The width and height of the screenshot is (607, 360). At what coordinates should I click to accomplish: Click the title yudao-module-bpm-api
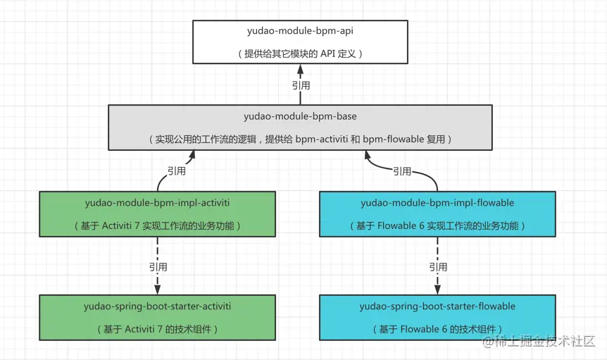300,32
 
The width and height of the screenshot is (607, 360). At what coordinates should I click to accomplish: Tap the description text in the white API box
300,54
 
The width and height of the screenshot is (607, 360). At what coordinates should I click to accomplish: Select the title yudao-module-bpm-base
300,116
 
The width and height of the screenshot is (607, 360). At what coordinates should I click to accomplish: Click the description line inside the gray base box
300,139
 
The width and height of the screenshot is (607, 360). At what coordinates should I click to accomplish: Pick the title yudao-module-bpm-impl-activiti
157,203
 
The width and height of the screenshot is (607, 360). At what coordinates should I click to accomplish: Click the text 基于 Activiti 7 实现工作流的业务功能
157,226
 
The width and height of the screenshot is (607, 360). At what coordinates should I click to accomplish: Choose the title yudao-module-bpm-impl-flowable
437,203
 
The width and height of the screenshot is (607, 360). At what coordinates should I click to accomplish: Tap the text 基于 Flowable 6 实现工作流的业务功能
437,226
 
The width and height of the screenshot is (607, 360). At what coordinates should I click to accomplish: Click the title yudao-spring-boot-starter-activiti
157,306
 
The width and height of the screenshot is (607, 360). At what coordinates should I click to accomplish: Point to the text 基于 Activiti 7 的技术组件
157,329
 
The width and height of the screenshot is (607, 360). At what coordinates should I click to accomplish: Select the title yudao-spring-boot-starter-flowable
437,306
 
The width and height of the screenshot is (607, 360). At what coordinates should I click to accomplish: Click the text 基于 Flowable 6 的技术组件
437,329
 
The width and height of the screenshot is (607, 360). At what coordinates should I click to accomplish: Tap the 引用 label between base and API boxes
301,85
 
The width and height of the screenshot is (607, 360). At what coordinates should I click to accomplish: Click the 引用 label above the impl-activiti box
177,171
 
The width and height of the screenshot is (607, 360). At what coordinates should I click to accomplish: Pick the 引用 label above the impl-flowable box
402,171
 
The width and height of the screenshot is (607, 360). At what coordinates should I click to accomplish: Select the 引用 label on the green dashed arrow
158,267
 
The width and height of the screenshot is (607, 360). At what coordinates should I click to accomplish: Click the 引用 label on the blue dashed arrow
438,267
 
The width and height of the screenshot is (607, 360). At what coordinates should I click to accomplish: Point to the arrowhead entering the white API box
301,70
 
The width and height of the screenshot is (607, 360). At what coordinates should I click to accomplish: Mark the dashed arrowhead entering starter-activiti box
158,290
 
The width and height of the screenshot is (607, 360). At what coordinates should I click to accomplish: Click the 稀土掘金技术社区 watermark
539,342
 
